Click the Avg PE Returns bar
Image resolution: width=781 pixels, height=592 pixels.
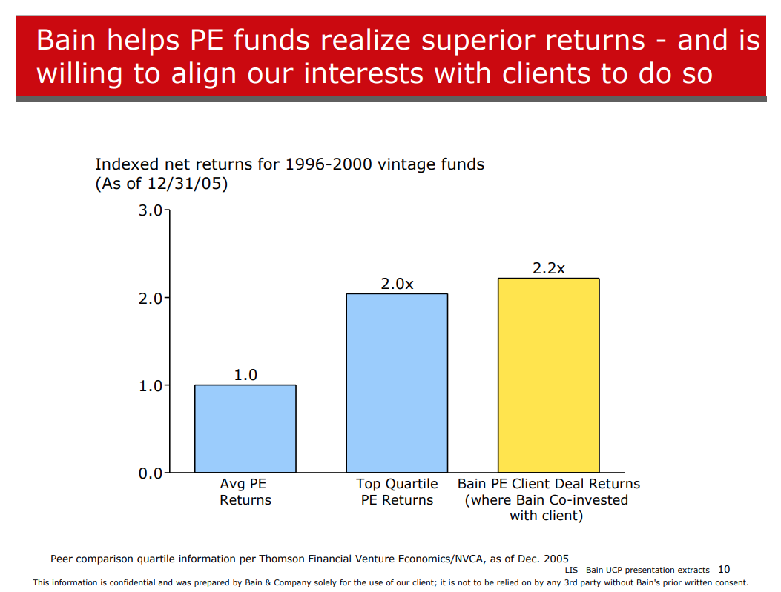point(245,428)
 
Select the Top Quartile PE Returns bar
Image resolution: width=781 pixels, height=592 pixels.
point(397,383)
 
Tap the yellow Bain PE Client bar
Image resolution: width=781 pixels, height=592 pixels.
point(548,375)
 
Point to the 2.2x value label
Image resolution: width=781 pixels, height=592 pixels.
point(548,269)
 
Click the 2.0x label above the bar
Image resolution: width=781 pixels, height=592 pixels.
point(397,284)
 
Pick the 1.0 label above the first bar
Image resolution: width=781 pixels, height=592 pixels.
point(245,375)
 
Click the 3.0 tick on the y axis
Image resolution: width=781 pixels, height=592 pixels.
point(151,210)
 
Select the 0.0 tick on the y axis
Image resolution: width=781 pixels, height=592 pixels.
point(151,473)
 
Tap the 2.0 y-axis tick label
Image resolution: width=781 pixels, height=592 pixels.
point(151,299)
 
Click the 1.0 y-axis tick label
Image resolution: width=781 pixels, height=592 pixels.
point(151,386)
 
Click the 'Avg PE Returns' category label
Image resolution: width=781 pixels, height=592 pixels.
point(245,491)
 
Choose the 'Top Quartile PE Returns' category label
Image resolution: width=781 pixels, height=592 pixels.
point(397,491)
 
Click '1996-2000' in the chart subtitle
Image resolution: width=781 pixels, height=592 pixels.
point(329,164)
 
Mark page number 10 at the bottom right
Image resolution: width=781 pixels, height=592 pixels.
point(724,569)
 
